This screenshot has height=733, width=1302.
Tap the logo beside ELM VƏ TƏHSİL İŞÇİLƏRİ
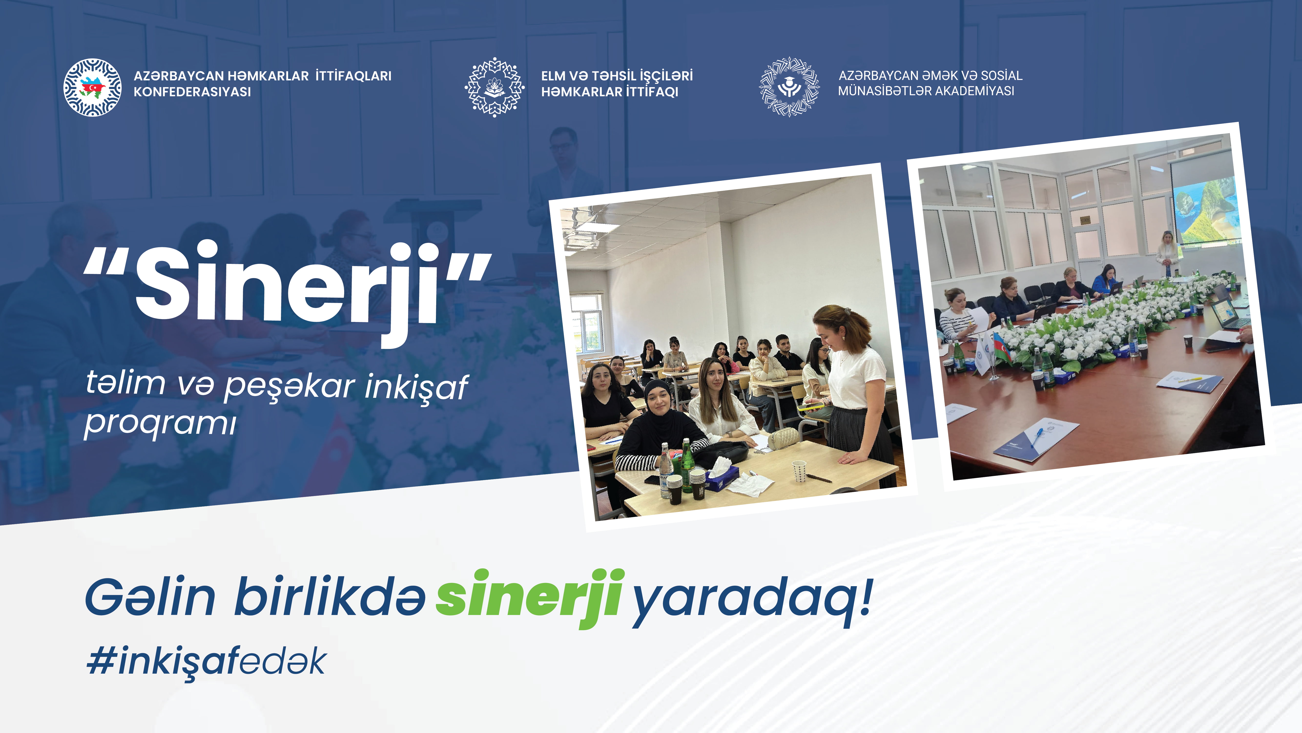point(494,87)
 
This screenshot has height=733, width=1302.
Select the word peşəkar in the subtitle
point(289,387)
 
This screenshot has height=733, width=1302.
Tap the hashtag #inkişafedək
point(206,661)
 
